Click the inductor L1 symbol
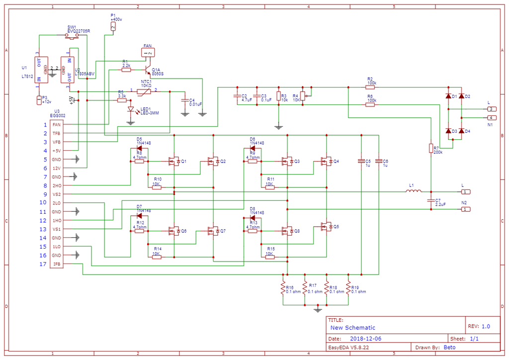(414, 191)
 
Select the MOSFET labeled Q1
(173, 161)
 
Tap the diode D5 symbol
(140, 148)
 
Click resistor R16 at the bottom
(283, 288)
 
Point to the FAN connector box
(148, 52)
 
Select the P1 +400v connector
(113, 26)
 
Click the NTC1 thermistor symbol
(144, 91)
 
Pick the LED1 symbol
(131, 109)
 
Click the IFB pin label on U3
(57, 264)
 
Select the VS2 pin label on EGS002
(57, 194)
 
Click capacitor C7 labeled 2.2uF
(431, 201)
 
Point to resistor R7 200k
(431, 148)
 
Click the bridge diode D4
(461, 131)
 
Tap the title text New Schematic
(353, 328)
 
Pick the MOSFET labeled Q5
(326, 227)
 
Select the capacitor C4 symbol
(185, 100)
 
